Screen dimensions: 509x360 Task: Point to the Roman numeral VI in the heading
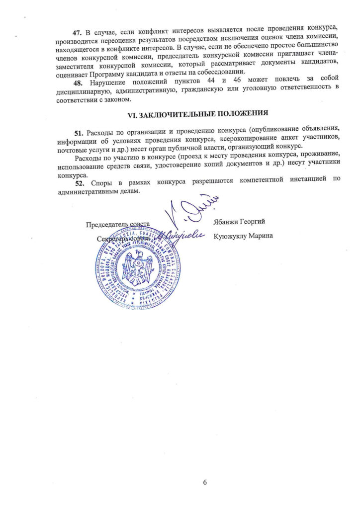[x=132, y=114]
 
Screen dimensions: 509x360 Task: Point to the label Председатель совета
[x=118, y=224]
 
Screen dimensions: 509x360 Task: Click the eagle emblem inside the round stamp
[x=136, y=266]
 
